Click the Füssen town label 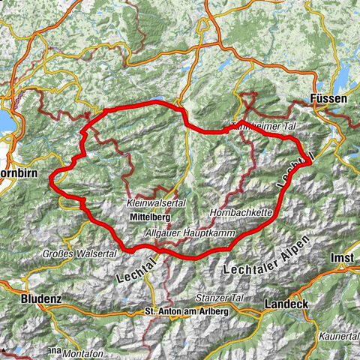click(328, 97)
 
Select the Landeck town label click(286, 305)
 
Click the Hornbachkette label click(241, 213)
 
